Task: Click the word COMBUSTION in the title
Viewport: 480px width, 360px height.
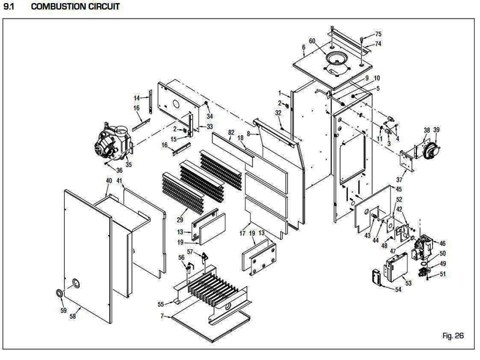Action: (58, 7)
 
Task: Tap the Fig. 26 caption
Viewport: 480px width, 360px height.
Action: (453, 336)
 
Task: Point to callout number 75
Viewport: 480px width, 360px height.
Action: (378, 34)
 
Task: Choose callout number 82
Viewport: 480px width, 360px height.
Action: (230, 131)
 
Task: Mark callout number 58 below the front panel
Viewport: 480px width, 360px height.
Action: (73, 315)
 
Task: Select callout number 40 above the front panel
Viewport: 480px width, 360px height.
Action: (109, 181)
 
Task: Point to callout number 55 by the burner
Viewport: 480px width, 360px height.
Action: (161, 304)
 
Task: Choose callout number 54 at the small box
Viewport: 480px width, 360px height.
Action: (398, 290)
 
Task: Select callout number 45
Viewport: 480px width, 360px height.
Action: (399, 190)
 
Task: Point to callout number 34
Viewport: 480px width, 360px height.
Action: (209, 116)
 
